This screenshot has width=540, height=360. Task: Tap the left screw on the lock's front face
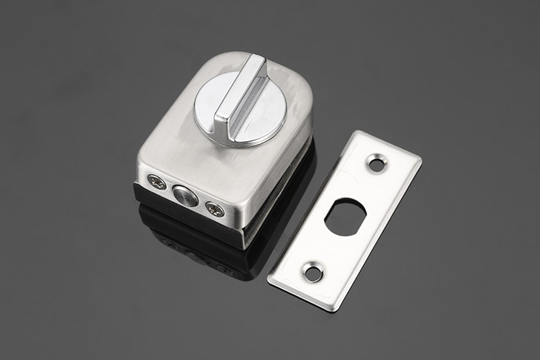[x=156, y=184]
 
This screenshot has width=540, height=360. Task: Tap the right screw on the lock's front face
[x=215, y=210]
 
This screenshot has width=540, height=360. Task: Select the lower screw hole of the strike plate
[x=313, y=272]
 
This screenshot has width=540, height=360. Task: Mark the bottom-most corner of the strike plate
[x=333, y=310]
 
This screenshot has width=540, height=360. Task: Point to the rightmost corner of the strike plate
[x=420, y=156]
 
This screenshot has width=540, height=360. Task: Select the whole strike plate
[x=344, y=220]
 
